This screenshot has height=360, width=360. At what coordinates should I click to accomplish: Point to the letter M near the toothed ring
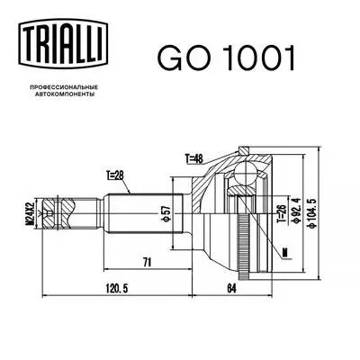point(285,252)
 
